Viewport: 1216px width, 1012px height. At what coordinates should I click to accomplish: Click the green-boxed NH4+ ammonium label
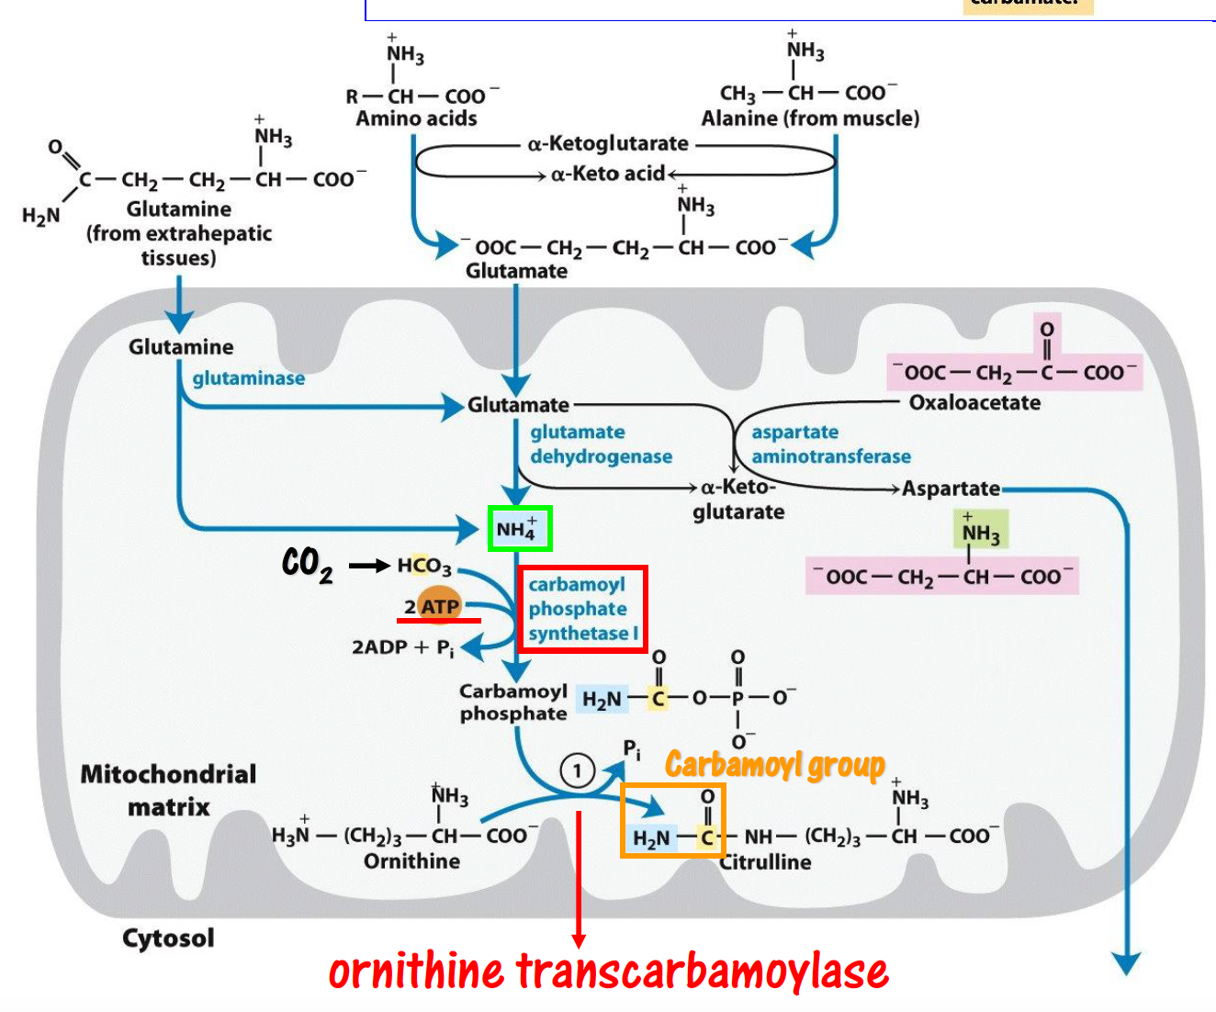(x=519, y=528)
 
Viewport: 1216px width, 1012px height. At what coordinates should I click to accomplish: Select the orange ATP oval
(x=439, y=605)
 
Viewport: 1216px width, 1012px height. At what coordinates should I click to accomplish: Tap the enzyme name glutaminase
(x=248, y=377)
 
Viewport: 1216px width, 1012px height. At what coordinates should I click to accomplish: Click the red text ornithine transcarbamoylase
(x=608, y=972)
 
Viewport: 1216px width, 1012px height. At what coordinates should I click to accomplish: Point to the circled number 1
(x=578, y=770)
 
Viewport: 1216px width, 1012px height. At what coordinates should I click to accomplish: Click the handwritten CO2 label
(x=307, y=564)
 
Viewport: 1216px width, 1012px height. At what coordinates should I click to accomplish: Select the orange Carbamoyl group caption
(x=774, y=764)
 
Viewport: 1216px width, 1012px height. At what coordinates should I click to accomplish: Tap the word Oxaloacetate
(x=974, y=402)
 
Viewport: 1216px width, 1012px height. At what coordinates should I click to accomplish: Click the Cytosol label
(x=168, y=938)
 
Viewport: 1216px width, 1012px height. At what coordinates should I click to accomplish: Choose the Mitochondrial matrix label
(x=168, y=790)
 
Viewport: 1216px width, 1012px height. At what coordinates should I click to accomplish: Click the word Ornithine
(x=411, y=860)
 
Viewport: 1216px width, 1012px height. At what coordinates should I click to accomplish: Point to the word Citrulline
(x=766, y=861)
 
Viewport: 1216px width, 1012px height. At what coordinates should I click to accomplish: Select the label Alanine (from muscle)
(x=810, y=118)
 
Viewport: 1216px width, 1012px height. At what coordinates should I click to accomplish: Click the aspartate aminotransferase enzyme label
(x=830, y=444)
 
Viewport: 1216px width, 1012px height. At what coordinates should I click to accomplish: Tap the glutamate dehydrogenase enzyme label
(x=601, y=444)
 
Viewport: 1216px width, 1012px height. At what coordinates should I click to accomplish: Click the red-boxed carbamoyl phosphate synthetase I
(x=582, y=609)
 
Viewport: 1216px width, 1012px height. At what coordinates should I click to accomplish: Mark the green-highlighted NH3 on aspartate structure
(x=980, y=530)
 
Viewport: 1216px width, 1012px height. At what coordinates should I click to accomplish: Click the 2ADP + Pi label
(x=402, y=647)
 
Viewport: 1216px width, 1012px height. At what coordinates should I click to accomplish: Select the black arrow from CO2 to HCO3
(x=369, y=566)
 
